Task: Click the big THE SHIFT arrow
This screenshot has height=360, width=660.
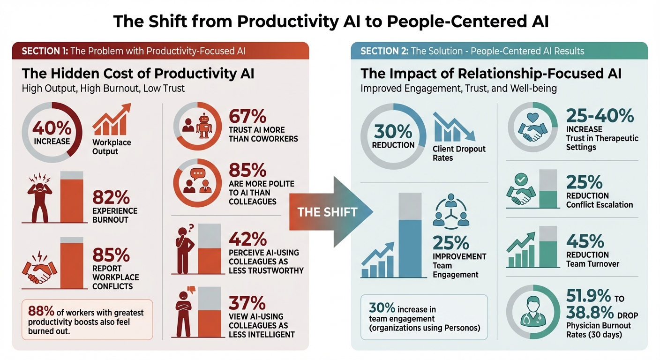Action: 328,211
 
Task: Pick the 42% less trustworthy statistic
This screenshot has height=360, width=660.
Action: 247,239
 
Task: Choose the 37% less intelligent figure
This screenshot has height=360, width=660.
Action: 247,302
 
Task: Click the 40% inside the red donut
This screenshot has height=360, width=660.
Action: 52,128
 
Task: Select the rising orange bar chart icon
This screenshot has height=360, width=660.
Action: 111,120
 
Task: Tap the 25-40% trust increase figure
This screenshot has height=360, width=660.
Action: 600,116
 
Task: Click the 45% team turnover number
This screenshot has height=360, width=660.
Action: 585,241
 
